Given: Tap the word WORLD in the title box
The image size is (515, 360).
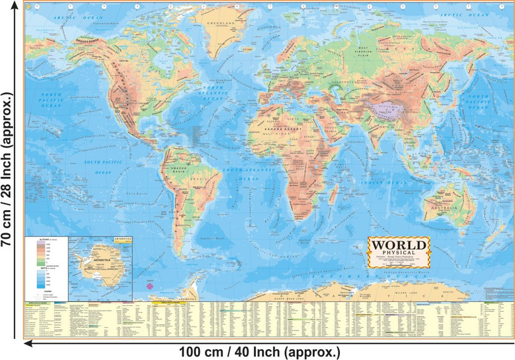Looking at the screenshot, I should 399,245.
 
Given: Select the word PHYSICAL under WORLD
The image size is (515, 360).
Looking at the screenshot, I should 399,255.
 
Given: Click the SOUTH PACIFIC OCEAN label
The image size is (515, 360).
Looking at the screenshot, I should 99,167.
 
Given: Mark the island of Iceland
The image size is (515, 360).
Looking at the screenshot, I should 250,53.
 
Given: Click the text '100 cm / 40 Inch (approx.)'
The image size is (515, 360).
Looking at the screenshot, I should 259,352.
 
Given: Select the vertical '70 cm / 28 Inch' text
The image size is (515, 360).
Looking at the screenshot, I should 9,170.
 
